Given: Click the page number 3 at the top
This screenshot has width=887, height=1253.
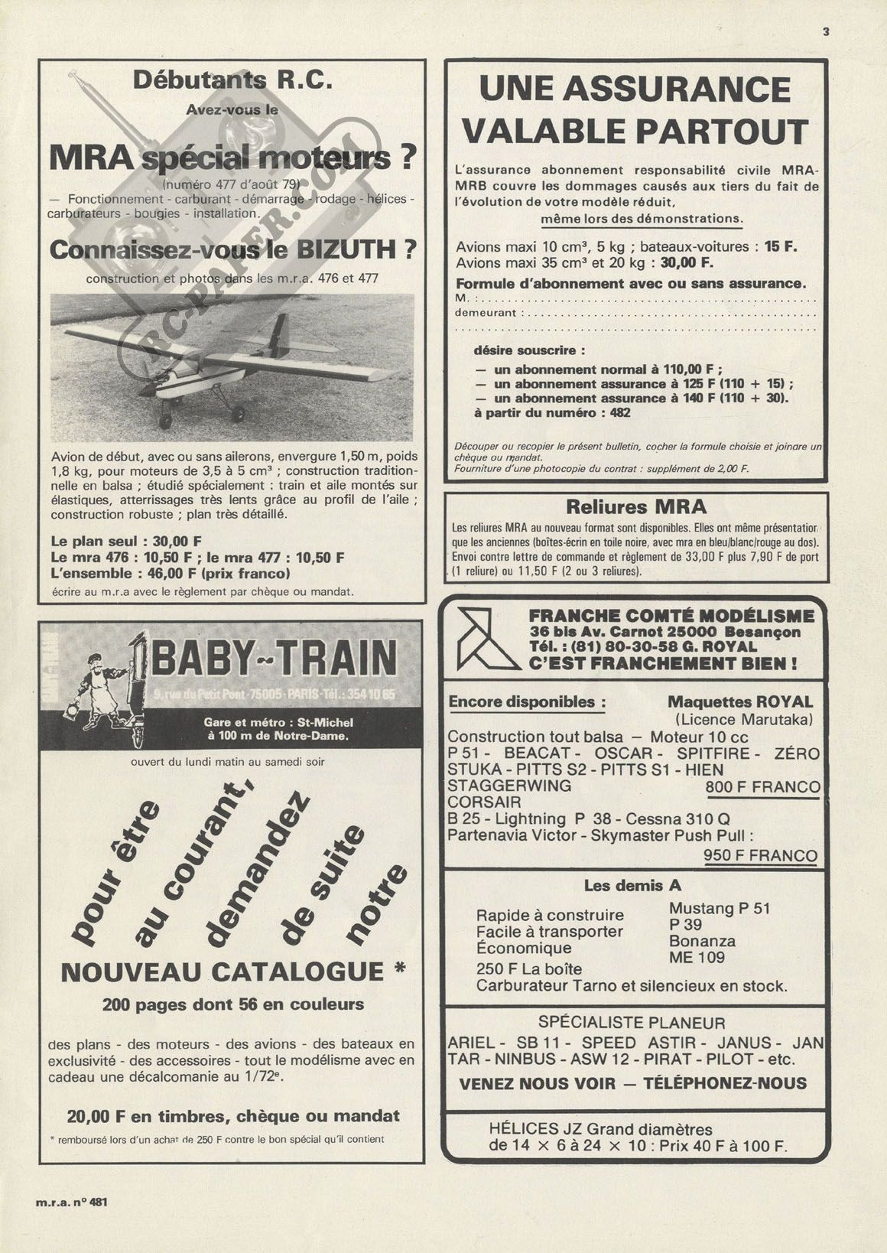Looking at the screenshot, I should (826, 32).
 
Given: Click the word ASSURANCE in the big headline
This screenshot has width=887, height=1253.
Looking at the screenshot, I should (635, 89).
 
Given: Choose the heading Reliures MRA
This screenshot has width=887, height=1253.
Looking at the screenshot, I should (636, 507).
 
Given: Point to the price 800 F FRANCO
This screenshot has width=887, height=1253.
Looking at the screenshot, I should (762, 787).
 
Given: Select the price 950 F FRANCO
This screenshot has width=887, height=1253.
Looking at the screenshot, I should (760, 855).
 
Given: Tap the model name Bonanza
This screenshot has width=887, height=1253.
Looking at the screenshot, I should (702, 941).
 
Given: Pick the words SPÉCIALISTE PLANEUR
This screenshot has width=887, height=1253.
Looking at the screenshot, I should (632, 1023).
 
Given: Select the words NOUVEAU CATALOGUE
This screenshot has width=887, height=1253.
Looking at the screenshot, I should (223, 972).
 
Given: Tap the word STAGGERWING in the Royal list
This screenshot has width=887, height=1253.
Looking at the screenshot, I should (508, 786).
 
